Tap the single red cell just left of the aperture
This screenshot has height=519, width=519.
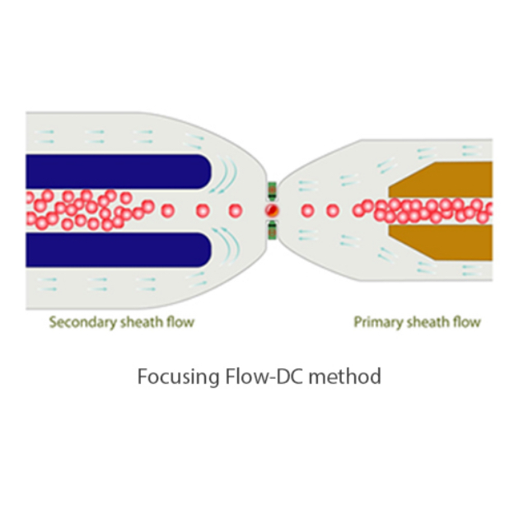point(235,211)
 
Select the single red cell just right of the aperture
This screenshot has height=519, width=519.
point(307,211)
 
